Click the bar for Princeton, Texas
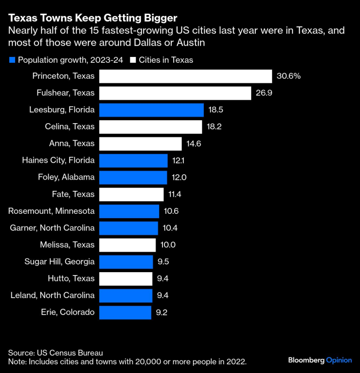pyautogui.click(x=185, y=76)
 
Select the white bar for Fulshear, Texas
pyautogui.click(x=175, y=93)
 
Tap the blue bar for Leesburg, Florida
pyautogui.click(x=151, y=110)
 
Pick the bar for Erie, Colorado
pyautogui.click(x=125, y=312)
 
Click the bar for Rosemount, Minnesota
pyautogui.click(x=129, y=211)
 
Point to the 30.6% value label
pyautogui.click(x=288, y=76)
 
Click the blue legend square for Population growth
pyautogui.click(x=12, y=60)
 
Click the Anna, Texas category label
pyautogui.click(x=72, y=144)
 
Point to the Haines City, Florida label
pyautogui.click(x=58, y=160)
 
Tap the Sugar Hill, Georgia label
pyautogui.click(x=59, y=261)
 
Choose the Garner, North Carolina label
pyautogui.click(x=52, y=228)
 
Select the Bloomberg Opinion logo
pyautogui.click(x=320, y=360)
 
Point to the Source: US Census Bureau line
pyautogui.click(x=55, y=353)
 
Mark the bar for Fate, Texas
pyautogui.click(x=131, y=194)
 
